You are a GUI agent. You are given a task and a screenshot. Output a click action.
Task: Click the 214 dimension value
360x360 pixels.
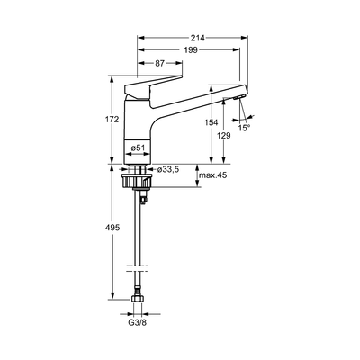[198, 38]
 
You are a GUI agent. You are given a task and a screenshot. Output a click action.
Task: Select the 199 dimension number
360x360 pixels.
[191, 50]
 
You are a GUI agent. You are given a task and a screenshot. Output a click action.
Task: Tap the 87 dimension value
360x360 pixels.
[160, 63]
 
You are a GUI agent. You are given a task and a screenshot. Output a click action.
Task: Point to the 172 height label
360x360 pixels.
[112, 119]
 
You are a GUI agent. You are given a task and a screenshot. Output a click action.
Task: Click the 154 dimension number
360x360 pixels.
[211, 122]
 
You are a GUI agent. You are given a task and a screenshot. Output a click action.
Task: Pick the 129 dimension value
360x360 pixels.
[224, 135]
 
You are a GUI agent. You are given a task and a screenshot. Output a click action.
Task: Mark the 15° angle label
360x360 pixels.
[244, 128]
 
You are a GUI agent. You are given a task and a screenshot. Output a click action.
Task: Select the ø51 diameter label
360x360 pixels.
[138, 148]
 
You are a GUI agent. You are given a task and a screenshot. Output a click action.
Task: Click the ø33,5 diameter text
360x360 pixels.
[168, 169]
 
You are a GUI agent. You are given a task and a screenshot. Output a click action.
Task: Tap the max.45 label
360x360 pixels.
[213, 175]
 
